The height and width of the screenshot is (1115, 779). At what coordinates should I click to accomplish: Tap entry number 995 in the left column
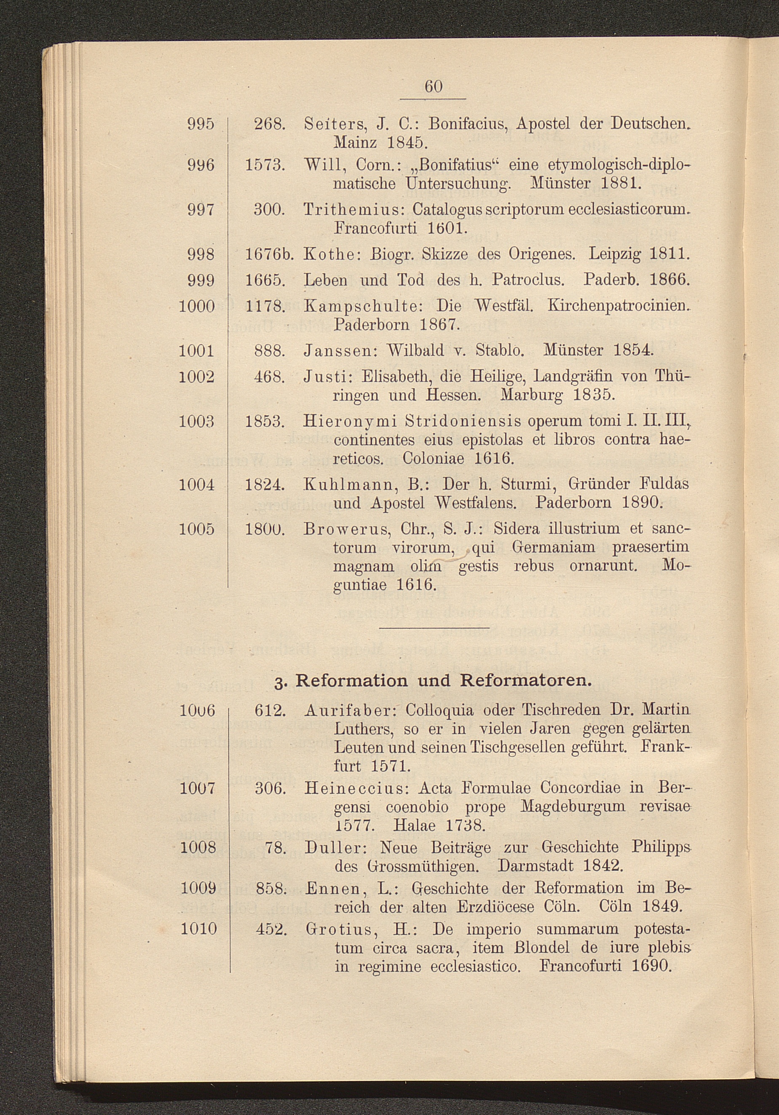point(201,124)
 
